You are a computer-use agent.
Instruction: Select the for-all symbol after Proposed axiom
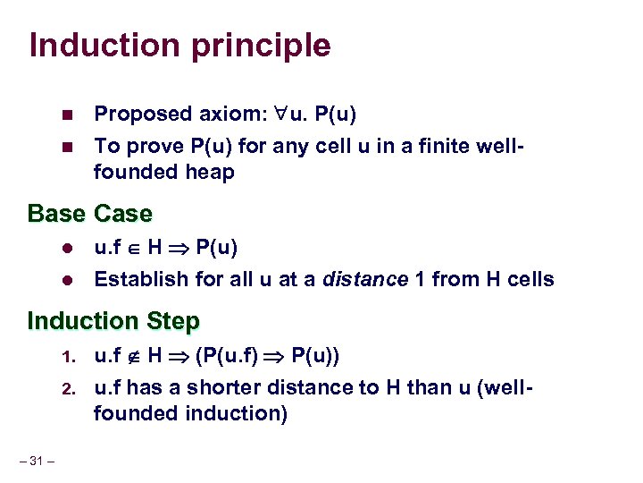280,114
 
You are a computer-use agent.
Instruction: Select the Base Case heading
90,214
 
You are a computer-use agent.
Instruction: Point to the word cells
530,279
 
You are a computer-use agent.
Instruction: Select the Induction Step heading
113,320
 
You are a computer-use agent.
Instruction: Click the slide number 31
38,461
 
